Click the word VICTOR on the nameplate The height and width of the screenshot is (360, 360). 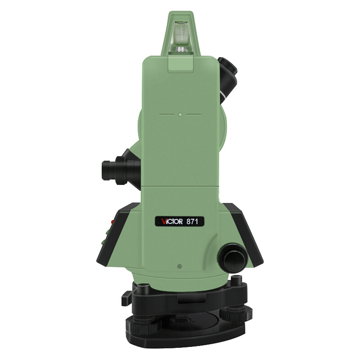pyautogui.click(x=172, y=221)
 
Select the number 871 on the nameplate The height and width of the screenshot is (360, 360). pyautogui.click(x=192, y=221)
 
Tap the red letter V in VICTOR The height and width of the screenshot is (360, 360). pyautogui.click(x=164, y=221)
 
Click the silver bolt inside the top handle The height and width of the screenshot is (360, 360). pyautogui.click(x=181, y=49)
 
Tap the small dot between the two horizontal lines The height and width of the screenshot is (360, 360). pyautogui.click(x=180, y=114)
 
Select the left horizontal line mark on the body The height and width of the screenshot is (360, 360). pyautogui.click(x=166, y=114)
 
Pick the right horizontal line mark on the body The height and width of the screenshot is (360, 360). pyautogui.click(x=194, y=114)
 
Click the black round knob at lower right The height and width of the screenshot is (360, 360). pyautogui.click(x=232, y=257)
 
